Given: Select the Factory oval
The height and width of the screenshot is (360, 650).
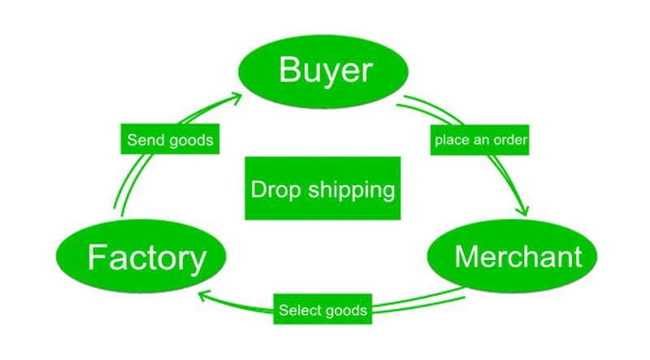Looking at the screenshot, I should tap(146, 258).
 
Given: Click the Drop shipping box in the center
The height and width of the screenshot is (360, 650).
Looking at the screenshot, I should tap(323, 189).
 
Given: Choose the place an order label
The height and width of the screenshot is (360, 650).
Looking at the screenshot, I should tap(481, 141).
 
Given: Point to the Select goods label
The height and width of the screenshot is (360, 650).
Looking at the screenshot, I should tap(323, 310).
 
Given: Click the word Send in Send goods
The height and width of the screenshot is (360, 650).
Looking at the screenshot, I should tap(145, 141).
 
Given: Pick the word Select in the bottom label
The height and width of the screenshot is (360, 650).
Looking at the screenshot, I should tap(298, 310).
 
